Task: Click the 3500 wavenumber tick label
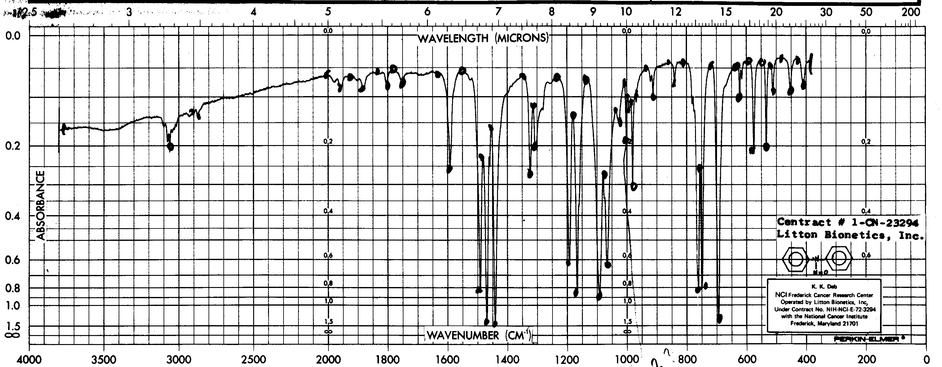(104, 359)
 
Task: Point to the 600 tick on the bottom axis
(746, 359)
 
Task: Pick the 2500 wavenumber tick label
(253, 359)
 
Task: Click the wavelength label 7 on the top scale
(498, 12)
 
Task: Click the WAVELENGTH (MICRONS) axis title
(483, 38)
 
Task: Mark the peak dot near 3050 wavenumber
(170, 147)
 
